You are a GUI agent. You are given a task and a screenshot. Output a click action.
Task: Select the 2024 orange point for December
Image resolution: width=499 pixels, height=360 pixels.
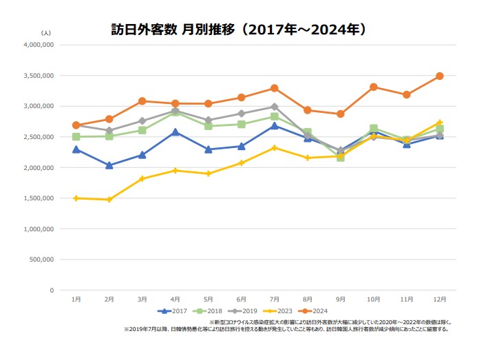pos(440,76)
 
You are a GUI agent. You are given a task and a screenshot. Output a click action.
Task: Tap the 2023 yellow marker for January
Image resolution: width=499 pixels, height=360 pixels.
pos(76,198)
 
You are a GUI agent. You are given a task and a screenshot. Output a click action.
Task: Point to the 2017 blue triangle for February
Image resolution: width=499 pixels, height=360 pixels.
pos(109,165)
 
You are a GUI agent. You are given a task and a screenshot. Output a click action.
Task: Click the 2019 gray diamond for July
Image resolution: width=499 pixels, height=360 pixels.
pos(275,107)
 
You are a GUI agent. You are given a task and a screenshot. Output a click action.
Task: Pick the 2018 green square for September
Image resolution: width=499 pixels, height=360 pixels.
pos(341,157)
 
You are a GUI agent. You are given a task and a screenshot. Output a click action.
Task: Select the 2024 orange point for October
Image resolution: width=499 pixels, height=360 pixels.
pos(374,87)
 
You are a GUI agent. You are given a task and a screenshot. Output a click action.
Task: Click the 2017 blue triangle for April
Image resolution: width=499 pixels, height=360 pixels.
pos(176,131)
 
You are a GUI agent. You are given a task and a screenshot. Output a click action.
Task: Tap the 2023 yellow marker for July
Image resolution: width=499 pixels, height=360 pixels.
pos(275,148)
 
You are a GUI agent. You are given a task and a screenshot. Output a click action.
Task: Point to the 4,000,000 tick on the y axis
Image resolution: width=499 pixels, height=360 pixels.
pos(39,45)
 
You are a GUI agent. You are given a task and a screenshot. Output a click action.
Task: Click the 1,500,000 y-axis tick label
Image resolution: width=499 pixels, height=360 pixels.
pos(39,198)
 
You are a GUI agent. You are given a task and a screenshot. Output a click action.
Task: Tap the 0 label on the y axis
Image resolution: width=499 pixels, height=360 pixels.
pos(51,290)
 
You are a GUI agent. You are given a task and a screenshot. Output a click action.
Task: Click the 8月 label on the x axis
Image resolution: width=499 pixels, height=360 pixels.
pos(308,299)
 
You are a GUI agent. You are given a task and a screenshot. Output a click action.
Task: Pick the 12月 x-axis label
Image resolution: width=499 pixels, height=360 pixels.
pos(440,299)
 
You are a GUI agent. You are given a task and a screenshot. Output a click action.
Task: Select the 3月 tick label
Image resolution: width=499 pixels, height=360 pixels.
pos(142,299)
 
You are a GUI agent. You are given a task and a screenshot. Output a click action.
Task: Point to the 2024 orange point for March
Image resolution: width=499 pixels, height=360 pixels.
pos(142,100)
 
